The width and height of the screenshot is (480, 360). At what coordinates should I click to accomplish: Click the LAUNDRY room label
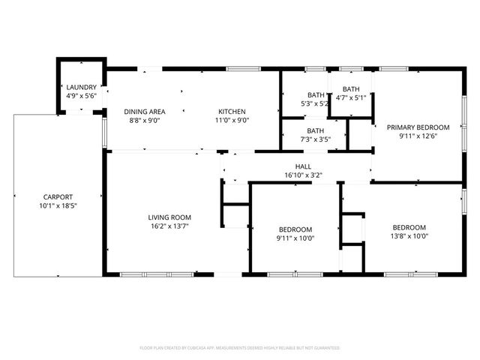81,87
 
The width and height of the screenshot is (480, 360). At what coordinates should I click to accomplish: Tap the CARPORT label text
58,196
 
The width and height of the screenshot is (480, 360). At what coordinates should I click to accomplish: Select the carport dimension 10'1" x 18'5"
58,205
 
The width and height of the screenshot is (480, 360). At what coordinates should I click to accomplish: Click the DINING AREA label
145,111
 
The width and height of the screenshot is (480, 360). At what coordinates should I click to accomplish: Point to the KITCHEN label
232,111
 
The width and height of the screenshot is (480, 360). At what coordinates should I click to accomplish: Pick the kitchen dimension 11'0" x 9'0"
232,120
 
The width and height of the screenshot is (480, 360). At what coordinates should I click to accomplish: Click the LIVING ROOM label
169,217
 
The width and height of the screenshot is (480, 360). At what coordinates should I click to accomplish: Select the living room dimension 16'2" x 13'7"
169,226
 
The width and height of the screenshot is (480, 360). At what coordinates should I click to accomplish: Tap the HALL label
303,166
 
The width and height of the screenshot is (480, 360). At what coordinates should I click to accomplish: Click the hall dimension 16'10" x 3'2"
303,175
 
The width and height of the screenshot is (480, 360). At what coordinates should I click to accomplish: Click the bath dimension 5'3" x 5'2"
315,103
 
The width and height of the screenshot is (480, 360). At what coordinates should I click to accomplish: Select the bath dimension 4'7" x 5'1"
351,97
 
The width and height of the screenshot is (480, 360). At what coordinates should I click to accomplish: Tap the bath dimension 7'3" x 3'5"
315,139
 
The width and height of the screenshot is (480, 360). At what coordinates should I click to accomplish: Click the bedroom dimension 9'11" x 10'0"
295,238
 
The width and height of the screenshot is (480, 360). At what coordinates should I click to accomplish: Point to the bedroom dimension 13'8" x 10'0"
409,236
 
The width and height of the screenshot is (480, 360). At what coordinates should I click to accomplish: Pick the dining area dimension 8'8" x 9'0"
145,120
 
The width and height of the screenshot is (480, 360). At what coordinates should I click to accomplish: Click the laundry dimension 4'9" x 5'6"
81,96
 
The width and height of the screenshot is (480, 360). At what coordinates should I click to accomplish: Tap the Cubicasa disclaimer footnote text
240,348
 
